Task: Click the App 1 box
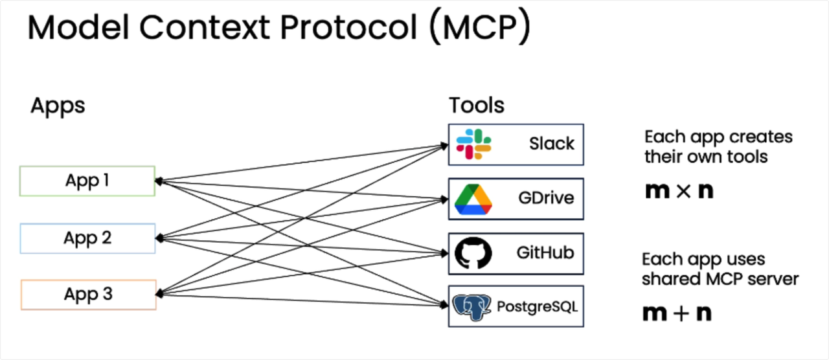[x=87, y=181]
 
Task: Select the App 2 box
[x=87, y=238]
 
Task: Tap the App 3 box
[x=89, y=295]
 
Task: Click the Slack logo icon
[x=473, y=144]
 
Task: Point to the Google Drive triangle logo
[x=473, y=199]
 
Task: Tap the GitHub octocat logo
[x=473, y=253]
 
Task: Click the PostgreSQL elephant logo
[x=471, y=307]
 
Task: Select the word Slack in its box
[x=551, y=144]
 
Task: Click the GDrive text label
[x=546, y=198]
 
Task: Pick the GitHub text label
[x=545, y=253]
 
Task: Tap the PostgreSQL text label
[x=537, y=307]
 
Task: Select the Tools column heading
[x=477, y=105]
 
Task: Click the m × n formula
[x=679, y=191]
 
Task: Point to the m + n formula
[x=677, y=313]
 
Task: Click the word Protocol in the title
[x=348, y=27]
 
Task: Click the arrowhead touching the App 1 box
[x=159, y=181]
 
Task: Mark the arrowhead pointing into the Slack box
[x=444, y=146]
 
